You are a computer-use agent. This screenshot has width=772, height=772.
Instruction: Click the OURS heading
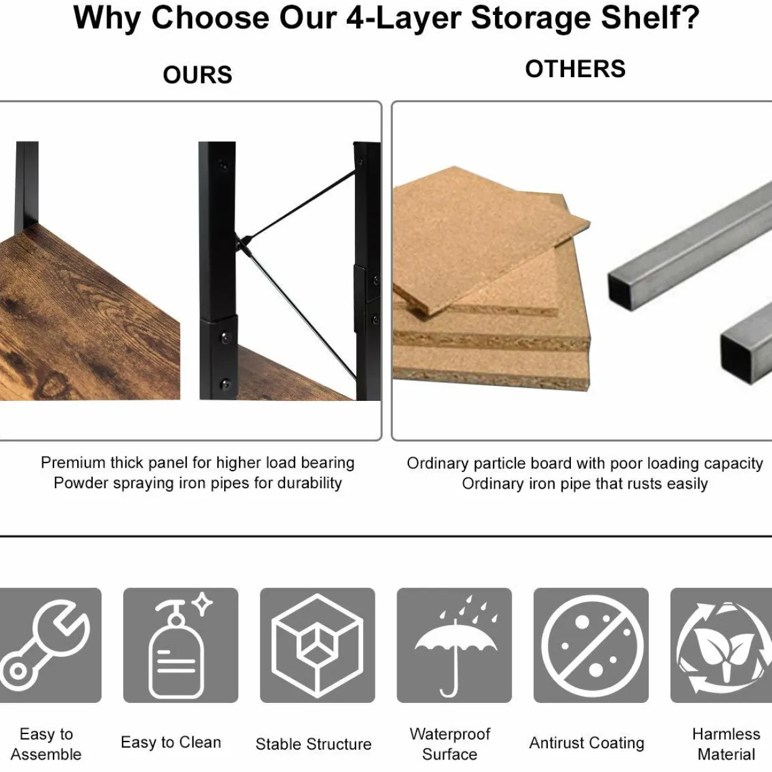197,75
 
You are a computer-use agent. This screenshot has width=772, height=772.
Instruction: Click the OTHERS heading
575,69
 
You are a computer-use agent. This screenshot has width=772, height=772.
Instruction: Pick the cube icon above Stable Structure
318,646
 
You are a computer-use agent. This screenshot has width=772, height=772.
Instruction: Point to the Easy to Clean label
171,742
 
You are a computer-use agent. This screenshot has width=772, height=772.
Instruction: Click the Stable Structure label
314,744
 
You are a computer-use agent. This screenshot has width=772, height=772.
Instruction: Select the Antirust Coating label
587,743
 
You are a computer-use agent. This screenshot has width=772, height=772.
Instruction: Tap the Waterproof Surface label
450,744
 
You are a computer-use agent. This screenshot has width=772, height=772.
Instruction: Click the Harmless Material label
727,744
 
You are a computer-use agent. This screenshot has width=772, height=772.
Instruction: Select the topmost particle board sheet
491,240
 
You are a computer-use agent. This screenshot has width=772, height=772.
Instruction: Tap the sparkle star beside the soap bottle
202,604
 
